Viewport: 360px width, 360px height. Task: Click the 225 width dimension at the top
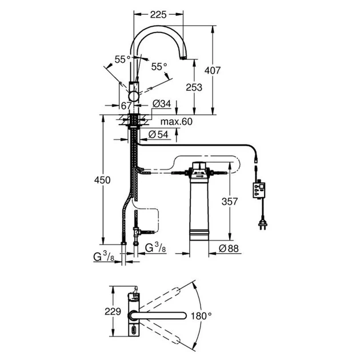(158, 15)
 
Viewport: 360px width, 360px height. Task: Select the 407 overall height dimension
(213, 70)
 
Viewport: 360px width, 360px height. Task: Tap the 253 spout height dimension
(194, 87)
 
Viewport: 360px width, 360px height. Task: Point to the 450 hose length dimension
(102, 180)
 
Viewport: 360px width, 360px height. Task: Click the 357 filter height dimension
(230, 202)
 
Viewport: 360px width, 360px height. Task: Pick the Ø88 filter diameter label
(229, 248)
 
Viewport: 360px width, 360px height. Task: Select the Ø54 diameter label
(158, 134)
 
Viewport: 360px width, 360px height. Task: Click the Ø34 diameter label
(162, 104)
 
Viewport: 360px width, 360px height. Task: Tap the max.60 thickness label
(177, 122)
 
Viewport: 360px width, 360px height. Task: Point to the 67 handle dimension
(126, 106)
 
